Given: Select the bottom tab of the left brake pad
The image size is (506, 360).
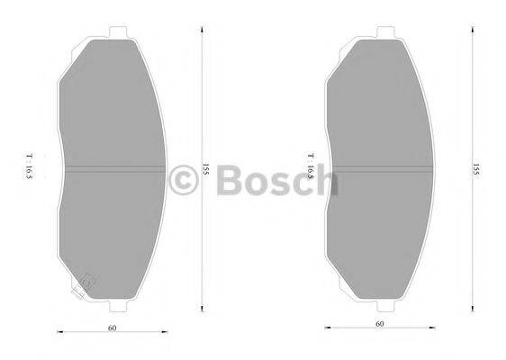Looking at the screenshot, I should point(114,306).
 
